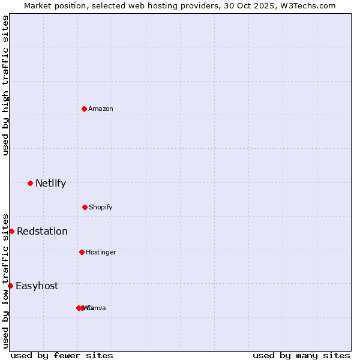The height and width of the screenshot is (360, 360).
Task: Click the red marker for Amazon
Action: pyautogui.click(x=84, y=109)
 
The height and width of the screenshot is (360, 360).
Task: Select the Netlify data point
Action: pyautogui.click(x=30, y=183)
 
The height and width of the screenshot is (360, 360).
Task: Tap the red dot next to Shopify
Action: pyautogui.click(x=85, y=207)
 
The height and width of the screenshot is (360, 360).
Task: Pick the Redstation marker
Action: pyautogui.click(x=11, y=231)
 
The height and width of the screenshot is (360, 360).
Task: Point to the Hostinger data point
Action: pyautogui.click(x=82, y=252)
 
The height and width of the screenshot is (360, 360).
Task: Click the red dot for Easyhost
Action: pyautogui.click(x=10, y=286)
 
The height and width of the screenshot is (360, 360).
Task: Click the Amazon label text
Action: pyautogui.click(x=101, y=109)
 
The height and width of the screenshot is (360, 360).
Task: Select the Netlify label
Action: pyautogui.click(x=50, y=183)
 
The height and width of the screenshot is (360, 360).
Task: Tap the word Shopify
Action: pyautogui.click(x=101, y=207)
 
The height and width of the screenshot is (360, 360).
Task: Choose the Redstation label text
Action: pyautogui.click(x=42, y=231)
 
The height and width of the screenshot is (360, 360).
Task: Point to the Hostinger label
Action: pyautogui.click(x=101, y=252)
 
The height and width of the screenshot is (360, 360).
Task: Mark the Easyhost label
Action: pyautogui.click(x=37, y=286)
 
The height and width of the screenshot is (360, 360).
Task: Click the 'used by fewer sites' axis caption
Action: pyautogui.click(x=62, y=355)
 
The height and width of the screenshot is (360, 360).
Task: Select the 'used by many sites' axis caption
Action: pyautogui.click(x=301, y=355)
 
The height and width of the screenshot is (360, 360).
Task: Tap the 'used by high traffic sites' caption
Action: pyautogui.click(x=5, y=85)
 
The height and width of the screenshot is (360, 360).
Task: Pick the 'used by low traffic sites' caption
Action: pyautogui.click(x=5, y=281)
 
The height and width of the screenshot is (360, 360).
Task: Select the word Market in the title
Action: pyautogui.click(x=38, y=5)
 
